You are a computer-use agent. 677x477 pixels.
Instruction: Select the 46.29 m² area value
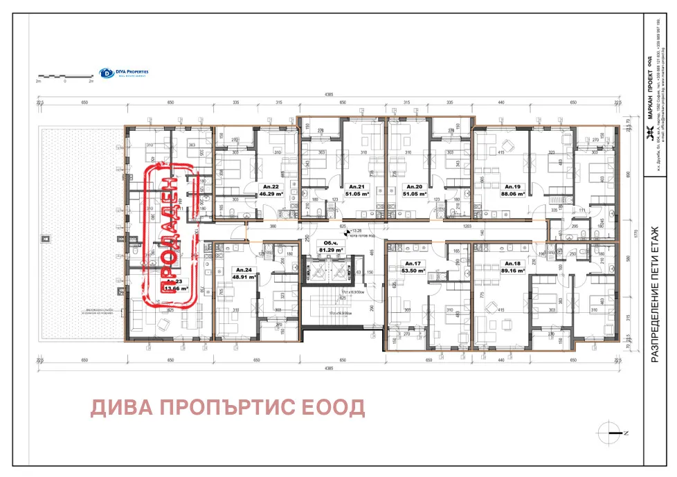coord(272,195)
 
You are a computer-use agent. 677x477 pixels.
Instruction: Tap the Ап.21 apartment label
coord(356,187)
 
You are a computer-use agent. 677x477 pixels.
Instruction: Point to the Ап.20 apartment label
coord(415,187)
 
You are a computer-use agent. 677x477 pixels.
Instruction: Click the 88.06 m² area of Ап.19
coord(512,195)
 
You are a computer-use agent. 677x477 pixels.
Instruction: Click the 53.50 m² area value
coord(414,271)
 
